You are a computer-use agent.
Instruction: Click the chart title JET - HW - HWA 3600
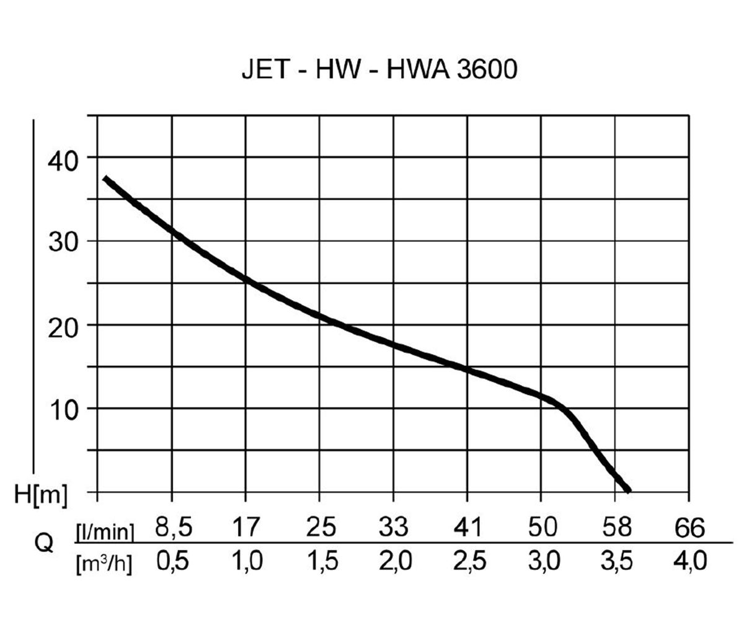tap(379, 69)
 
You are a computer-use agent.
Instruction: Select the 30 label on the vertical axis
tap(63, 242)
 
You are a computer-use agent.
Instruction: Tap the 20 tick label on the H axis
tap(63, 326)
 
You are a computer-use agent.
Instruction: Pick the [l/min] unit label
tap(104, 531)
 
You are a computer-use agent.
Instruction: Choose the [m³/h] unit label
tap(104, 564)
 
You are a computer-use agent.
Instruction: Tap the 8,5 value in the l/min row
tap(173, 528)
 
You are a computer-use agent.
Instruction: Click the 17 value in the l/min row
tap(246, 528)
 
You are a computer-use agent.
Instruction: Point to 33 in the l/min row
tap(394, 528)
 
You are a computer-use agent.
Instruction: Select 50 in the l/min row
tap(542, 528)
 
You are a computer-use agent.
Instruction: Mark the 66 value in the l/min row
tap(690, 529)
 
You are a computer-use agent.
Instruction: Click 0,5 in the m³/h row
tap(173, 562)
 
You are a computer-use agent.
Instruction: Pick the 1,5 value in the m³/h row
tap(321, 562)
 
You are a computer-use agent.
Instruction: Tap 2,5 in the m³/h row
tap(468, 562)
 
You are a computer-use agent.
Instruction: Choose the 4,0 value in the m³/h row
tap(690, 562)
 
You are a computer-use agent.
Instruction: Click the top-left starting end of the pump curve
tap(105, 179)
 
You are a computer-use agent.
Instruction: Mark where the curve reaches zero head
tap(629, 490)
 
